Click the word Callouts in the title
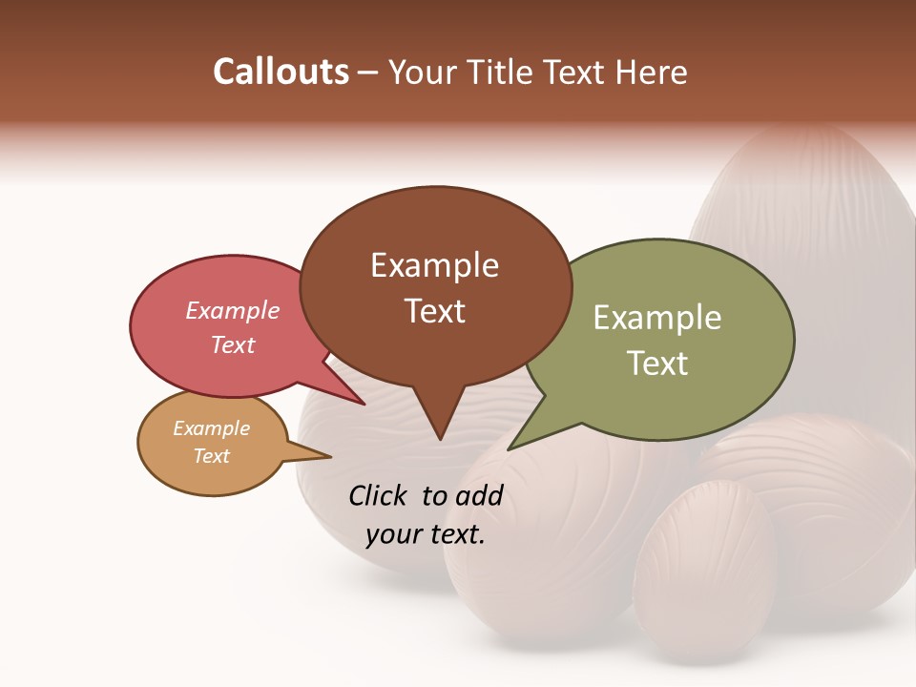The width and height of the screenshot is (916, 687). pos(281,72)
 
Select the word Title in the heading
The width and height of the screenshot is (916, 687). pos(505,72)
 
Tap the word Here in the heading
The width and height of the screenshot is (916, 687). pos(652,72)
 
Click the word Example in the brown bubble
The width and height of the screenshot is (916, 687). pos(434,265)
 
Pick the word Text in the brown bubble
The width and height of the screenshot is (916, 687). pos(434,311)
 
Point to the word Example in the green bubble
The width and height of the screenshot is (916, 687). pos(657,318)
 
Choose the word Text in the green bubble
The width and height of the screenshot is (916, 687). pos(657,364)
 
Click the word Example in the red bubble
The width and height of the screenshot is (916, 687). pos(233,311)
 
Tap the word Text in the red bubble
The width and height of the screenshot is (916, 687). pos(233,344)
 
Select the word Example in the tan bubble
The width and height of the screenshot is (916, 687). pos(212,428)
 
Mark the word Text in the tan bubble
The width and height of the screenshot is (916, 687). pos(212,456)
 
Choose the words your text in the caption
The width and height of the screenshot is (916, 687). pos(426,534)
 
